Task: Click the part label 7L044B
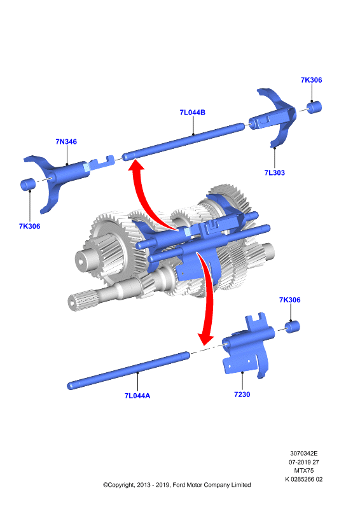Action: (x=193, y=113)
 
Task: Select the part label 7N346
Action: (x=66, y=141)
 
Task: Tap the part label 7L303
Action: (x=274, y=172)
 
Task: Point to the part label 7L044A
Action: (x=137, y=396)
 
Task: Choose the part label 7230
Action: (x=242, y=394)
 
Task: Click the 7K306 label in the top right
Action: (x=311, y=80)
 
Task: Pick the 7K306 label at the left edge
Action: (x=29, y=227)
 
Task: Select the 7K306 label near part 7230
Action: (x=290, y=300)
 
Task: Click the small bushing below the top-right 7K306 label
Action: (x=314, y=108)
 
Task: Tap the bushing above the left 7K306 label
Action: (x=28, y=184)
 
